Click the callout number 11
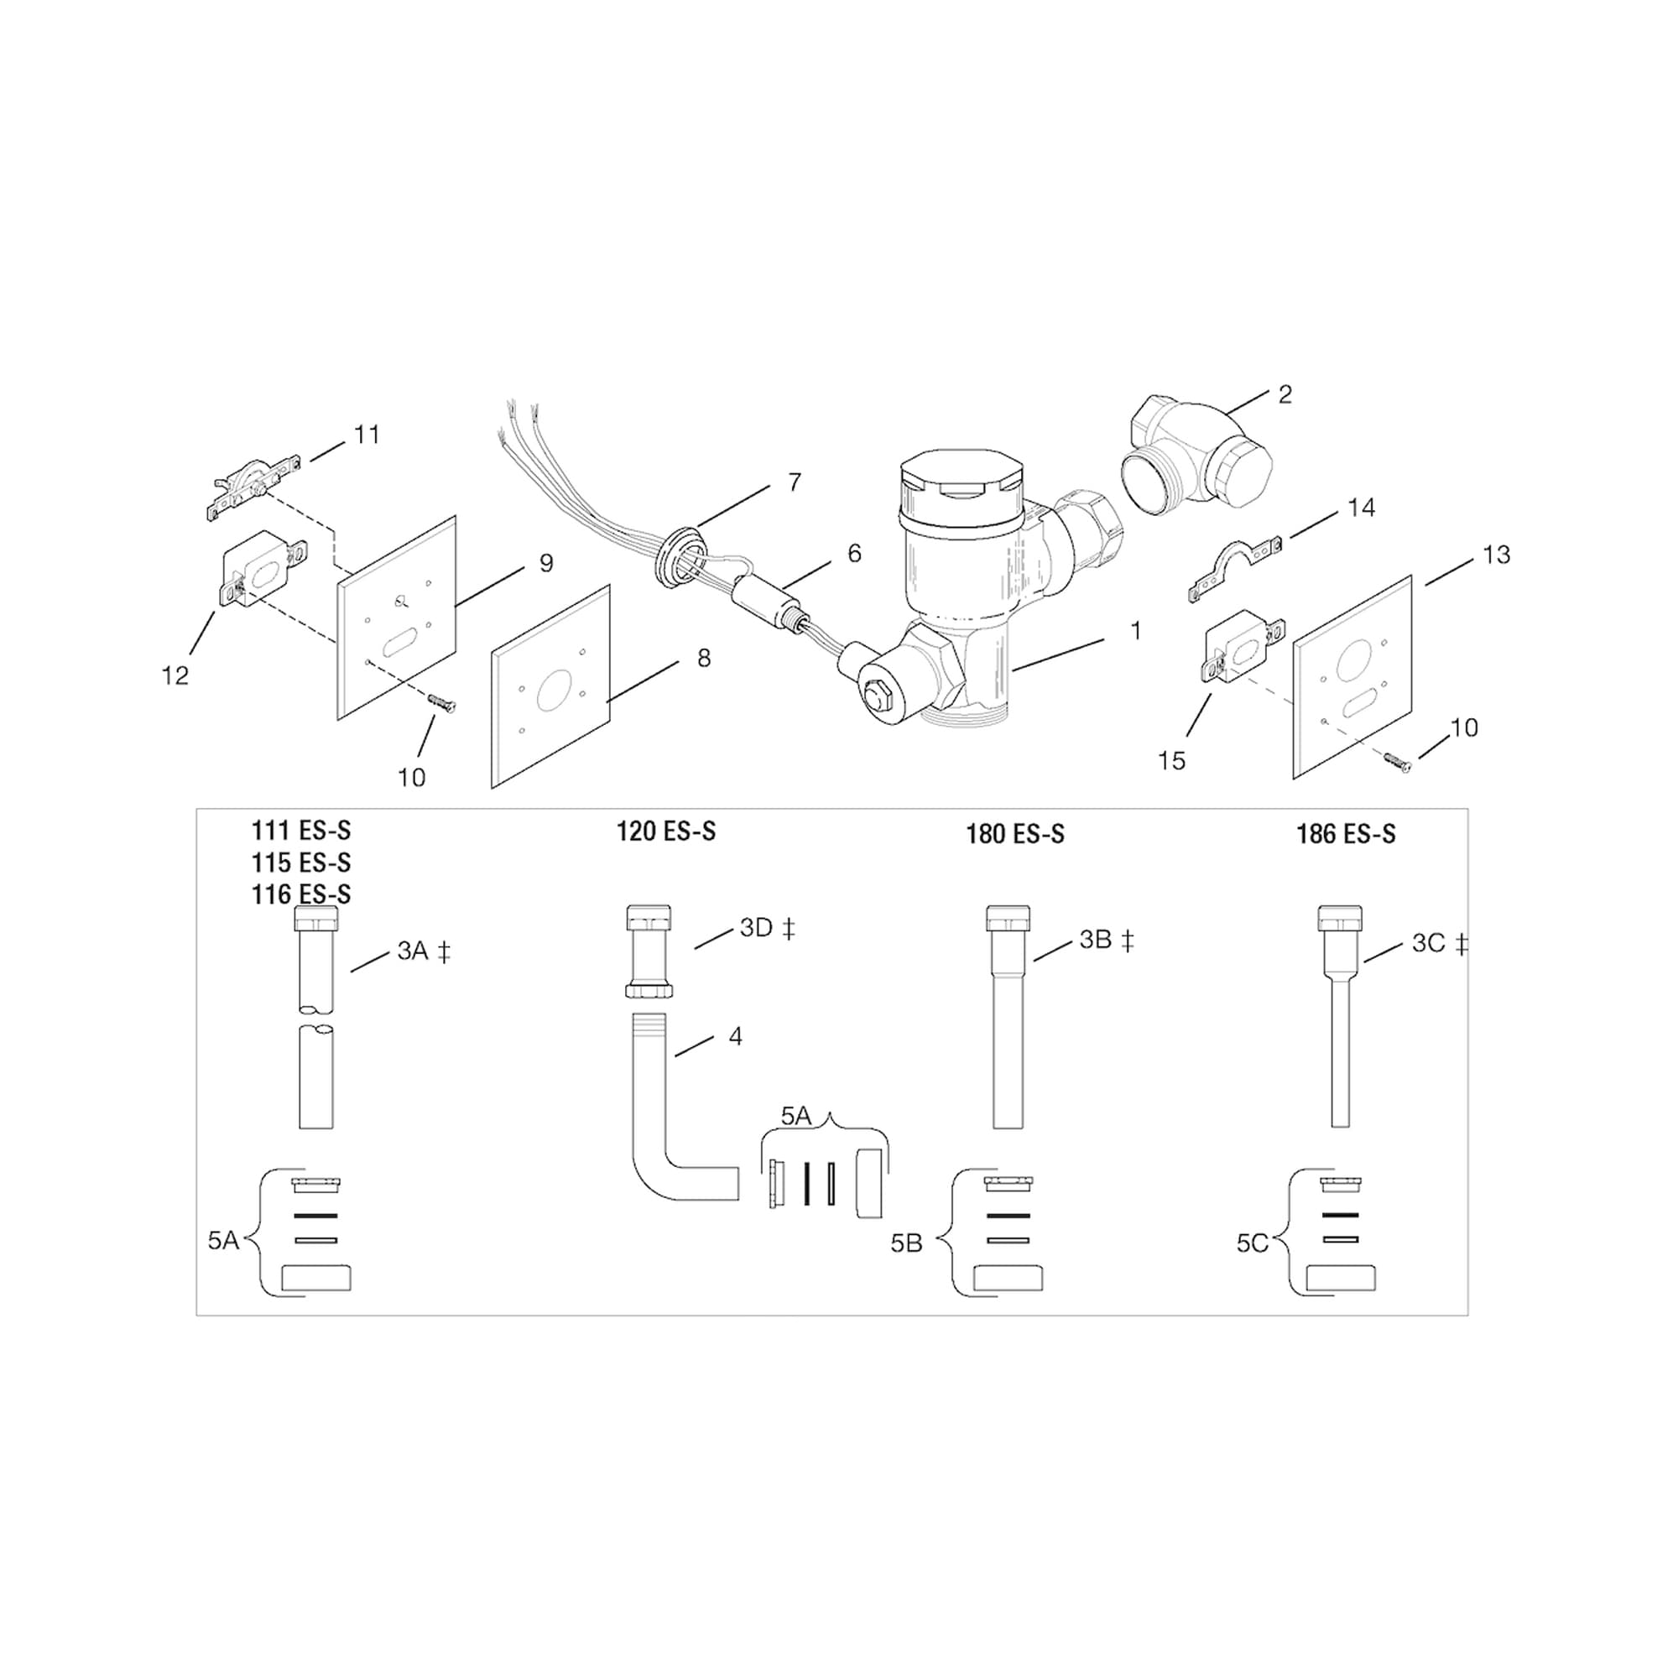tap(367, 435)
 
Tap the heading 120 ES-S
tap(666, 831)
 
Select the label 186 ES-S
tap(1346, 834)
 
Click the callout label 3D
tap(757, 928)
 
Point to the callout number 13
tap(1496, 554)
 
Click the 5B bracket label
tap(907, 1243)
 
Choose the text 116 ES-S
tap(301, 894)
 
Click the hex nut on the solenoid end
tap(875, 695)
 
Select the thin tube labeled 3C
tap(1339, 1042)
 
